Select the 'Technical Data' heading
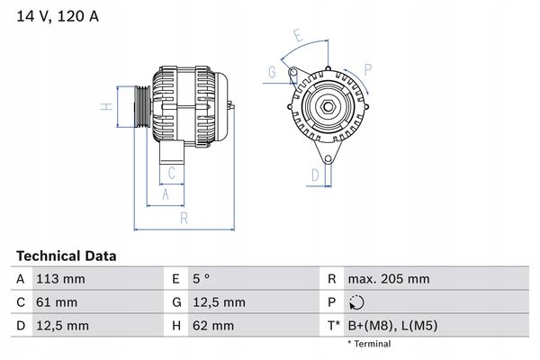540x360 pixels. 65,256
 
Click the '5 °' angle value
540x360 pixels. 204,279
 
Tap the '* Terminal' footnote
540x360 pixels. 369,344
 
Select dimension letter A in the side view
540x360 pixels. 165,193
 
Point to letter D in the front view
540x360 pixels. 315,174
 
